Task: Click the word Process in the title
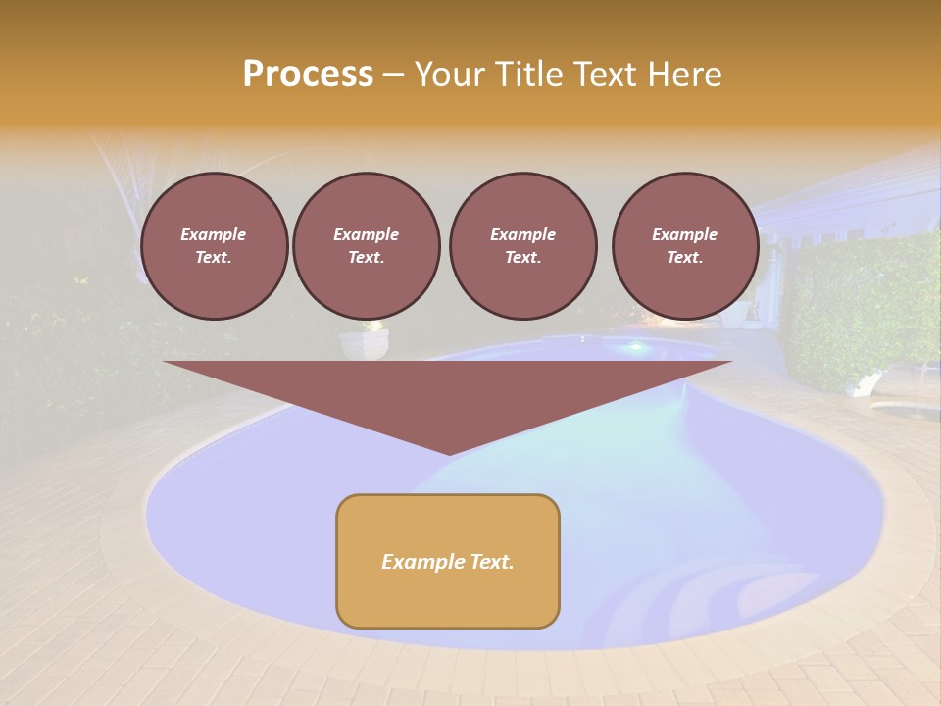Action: (308, 75)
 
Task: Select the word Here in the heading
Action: (684, 75)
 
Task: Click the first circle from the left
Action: (214, 246)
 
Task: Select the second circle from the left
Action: (366, 246)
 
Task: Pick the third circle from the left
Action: (522, 246)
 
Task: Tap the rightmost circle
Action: (684, 246)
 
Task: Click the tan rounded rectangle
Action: (448, 588)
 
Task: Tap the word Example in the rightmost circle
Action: (684, 234)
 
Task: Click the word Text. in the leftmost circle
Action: (214, 258)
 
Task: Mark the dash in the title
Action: (393, 75)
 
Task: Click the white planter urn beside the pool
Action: (364, 343)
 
